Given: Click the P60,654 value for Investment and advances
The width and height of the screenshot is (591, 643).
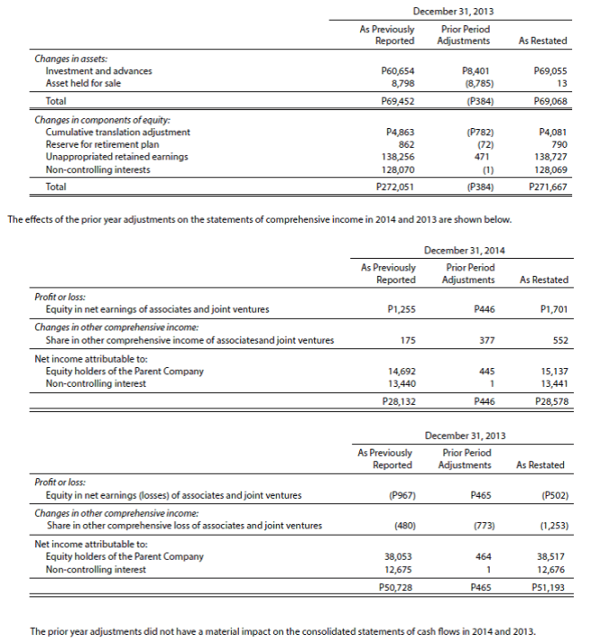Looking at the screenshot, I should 398,71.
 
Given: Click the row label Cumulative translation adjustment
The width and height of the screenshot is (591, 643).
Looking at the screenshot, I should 117,132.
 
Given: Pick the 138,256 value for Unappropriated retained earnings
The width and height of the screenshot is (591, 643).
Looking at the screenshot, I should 398,156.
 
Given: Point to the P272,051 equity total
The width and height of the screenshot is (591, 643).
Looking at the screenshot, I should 395,187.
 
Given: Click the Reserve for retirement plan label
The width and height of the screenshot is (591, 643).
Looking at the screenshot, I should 102,144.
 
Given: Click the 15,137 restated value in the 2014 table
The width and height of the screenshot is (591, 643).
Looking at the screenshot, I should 552,371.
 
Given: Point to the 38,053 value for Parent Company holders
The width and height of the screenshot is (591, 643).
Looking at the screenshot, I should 398,556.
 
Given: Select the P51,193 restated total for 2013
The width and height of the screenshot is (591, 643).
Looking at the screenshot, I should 548,587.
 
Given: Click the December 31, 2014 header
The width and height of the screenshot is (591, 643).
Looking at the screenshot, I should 465,252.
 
